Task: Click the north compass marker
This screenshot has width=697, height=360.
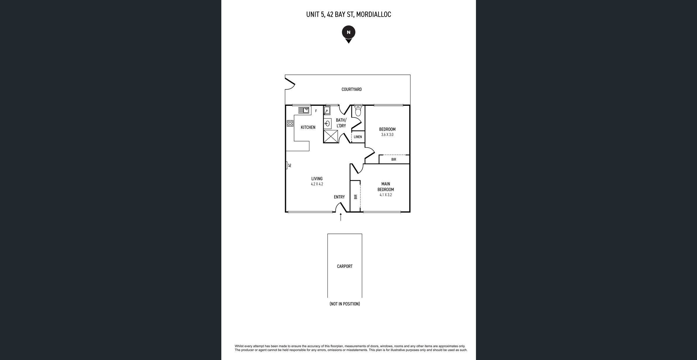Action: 348,34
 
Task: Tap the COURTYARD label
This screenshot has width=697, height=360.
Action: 351,89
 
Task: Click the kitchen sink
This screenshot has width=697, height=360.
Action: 304,110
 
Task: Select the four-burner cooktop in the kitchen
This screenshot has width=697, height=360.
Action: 290,123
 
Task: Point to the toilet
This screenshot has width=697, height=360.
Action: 358,110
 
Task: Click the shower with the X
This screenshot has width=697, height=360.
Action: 331,136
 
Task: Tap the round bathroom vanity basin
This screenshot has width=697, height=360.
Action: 327,124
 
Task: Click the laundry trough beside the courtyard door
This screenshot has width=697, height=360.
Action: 327,111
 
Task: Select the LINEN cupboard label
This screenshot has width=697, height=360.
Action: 358,137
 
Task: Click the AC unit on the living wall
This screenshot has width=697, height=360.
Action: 287,165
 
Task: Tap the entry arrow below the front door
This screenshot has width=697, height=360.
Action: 341,217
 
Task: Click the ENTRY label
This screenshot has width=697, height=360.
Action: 339,197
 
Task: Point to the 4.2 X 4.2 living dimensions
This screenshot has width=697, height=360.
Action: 317,184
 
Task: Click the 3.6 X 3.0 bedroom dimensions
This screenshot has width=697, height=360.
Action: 387,135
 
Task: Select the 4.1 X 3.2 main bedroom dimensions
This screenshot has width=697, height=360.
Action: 386,195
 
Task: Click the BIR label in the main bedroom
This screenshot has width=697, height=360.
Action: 356,197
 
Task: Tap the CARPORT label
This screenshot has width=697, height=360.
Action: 345,266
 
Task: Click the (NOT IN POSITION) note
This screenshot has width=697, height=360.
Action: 345,304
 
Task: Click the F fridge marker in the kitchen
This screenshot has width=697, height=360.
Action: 316,111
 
